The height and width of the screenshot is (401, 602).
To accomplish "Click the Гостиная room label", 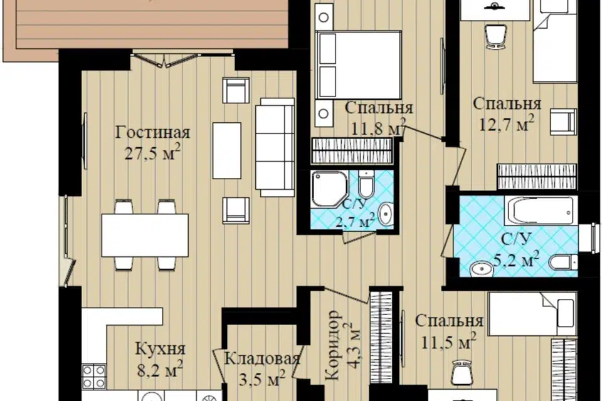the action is pos(153,133).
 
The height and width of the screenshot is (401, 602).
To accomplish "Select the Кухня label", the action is pos(161,349).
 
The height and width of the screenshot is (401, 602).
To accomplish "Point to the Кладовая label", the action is pos(262,359).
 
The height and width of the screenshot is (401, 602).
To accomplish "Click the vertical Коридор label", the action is pos(333,345).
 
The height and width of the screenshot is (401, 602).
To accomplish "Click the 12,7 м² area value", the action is pos(507,123).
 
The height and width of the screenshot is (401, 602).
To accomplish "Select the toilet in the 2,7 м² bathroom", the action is pos(366,184).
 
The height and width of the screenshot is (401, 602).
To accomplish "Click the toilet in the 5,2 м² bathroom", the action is pos(564,262).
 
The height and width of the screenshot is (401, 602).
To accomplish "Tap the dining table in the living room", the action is pos(145,235).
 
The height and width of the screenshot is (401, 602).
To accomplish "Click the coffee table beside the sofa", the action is pos(227,150).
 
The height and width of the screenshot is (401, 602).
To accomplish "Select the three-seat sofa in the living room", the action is pos(275,147).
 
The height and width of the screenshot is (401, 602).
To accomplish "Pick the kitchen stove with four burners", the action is pos(94,377).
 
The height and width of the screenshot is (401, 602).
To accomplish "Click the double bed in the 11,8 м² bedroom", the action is pos(359,65).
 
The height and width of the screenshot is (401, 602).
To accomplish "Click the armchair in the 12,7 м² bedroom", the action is pos(563,122).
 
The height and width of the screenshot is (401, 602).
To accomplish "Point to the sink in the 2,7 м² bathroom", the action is pos(385,214).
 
